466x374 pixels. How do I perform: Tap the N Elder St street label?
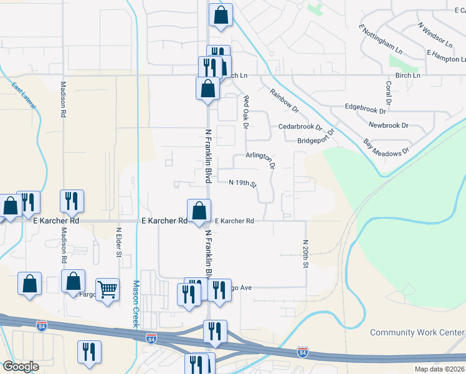pyautogui.click(x=119, y=241)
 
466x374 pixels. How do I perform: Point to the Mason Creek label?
pyautogui.click(x=135, y=304)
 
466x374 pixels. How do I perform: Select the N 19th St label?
pyautogui.click(x=243, y=183)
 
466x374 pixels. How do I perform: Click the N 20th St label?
pyautogui.click(x=306, y=254)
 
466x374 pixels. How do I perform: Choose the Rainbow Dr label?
pyautogui.click(x=285, y=100)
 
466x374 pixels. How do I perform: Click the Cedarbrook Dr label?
pyautogui.click(x=300, y=127)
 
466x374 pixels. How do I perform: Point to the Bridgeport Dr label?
pyautogui.click(x=316, y=140)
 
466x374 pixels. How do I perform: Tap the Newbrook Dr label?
pyautogui.click(x=388, y=125)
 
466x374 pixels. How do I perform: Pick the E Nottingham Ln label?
pyautogui.click(x=381, y=39)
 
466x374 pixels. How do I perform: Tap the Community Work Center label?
pyautogui.click(x=417, y=332)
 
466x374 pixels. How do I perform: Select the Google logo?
pyautogui.click(x=21, y=367)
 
